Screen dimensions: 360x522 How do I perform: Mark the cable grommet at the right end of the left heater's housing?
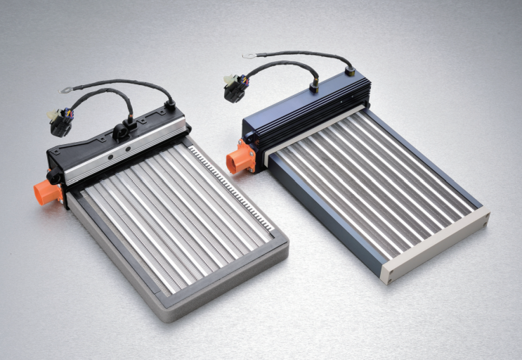[169, 105]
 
